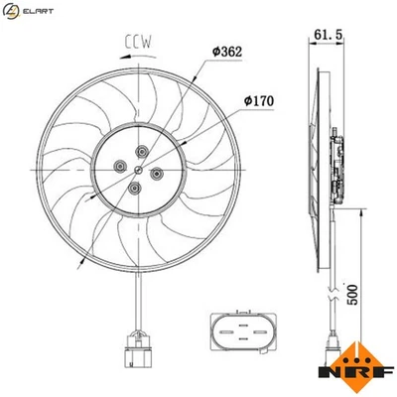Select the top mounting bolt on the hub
(142, 151)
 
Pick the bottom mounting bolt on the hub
(135, 187)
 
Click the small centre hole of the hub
(138, 169)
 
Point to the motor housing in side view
(337, 169)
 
